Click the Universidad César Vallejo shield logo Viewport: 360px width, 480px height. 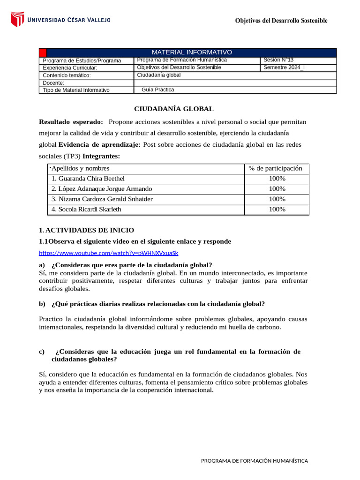17,19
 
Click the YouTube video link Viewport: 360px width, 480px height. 108,253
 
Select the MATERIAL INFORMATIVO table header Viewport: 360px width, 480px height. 191,52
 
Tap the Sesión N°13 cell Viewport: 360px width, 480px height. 278,60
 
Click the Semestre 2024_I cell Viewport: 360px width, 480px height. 284,67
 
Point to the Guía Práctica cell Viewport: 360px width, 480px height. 157,90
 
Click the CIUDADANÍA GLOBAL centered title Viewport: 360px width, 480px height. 174,109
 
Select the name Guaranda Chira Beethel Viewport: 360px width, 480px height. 88,179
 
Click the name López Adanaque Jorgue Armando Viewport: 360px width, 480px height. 102,189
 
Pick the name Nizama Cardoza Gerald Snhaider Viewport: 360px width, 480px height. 102,199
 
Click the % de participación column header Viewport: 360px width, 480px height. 276,168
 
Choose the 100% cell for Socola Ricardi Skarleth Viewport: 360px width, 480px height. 277,210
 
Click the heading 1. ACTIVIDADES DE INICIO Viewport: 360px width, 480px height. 87,230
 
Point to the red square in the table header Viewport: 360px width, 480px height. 43,52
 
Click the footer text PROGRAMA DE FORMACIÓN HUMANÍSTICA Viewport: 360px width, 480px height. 255,461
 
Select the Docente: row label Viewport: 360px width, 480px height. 53,83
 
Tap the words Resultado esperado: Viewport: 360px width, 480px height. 71,122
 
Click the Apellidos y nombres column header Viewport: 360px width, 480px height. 80,168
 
